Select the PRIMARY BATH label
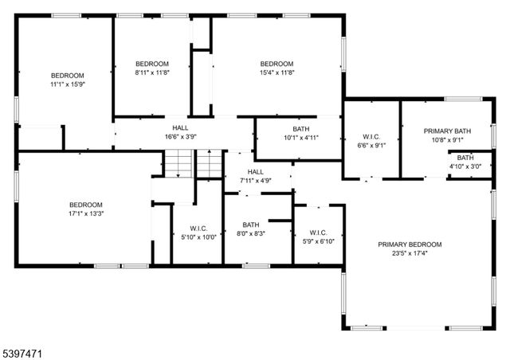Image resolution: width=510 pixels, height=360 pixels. point(447,131)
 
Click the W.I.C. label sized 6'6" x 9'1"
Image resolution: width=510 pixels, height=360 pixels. point(372,136)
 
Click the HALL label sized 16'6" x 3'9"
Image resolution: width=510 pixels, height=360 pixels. point(180,127)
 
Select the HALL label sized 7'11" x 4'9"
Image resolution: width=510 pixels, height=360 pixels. point(255,172)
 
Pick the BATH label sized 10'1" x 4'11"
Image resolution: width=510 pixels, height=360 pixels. point(301,128)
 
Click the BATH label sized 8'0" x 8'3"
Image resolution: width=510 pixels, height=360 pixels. point(251,225)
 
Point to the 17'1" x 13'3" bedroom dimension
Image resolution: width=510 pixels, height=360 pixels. point(85,213)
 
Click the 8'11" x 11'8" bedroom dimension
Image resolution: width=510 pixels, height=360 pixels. point(151,72)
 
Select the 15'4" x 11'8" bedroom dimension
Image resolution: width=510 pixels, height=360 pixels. point(277,72)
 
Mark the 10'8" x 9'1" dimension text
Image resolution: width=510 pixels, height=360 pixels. point(447,140)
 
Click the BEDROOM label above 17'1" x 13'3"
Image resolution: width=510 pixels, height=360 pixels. point(85,204)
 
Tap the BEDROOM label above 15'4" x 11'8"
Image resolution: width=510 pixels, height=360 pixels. point(277,64)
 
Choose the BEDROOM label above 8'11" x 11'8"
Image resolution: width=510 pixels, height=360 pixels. point(151,64)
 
